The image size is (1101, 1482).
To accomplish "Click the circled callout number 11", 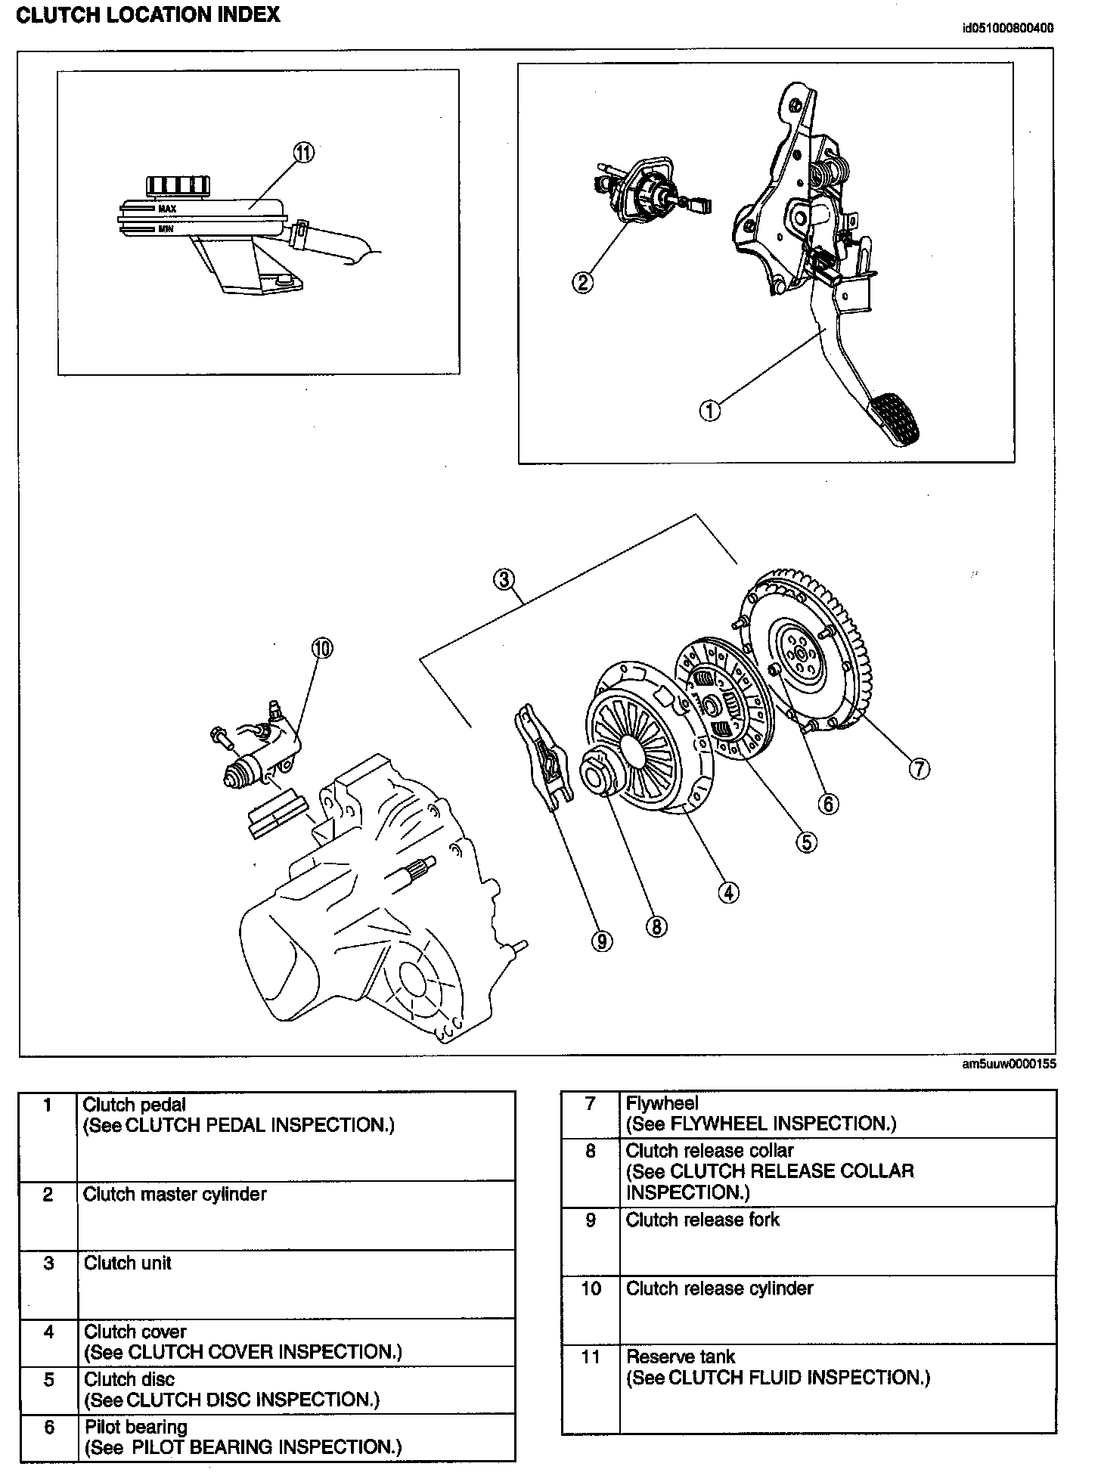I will [303, 153].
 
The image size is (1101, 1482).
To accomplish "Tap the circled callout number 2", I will [582, 283].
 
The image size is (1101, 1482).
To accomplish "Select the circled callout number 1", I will [710, 411].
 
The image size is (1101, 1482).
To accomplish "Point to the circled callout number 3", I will [504, 580].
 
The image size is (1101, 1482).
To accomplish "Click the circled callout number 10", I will [321, 648].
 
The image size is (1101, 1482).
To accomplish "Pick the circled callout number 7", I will [918, 769].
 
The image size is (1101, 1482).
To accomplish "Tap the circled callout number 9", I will [602, 941].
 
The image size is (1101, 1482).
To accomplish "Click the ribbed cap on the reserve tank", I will [174, 185].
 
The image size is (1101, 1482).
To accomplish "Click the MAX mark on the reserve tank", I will [167, 209].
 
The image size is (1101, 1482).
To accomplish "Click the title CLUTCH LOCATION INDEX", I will [148, 14].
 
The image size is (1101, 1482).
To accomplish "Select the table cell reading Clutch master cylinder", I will [175, 1194].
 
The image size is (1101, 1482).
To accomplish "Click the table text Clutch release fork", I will [702, 1220].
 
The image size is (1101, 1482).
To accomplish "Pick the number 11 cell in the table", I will [591, 1356].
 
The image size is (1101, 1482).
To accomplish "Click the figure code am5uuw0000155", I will [1009, 1065].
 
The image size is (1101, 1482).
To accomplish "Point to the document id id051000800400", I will [1007, 29].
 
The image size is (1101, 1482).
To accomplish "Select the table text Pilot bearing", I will [136, 1427].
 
